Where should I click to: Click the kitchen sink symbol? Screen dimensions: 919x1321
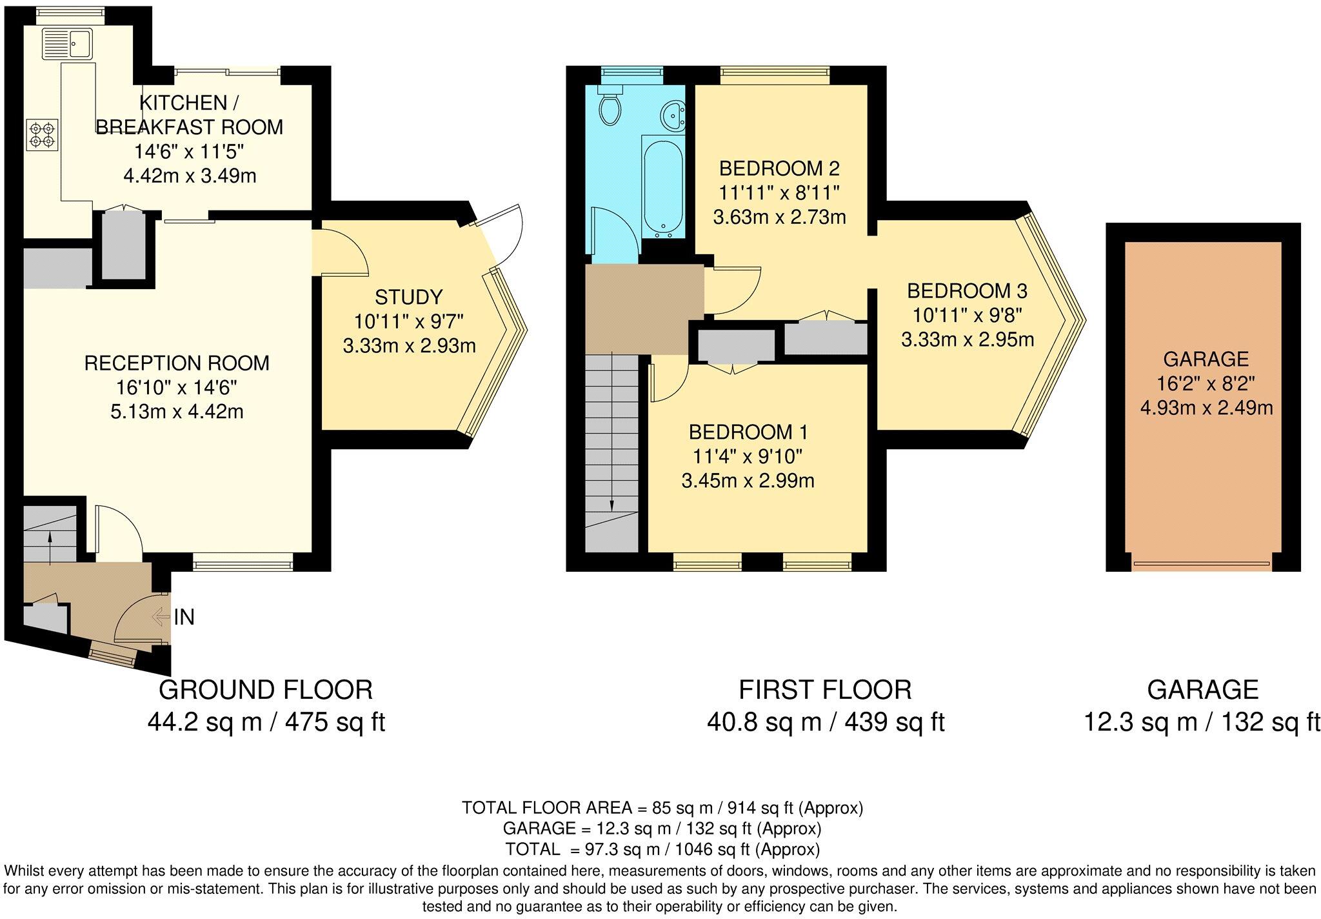point(67,44)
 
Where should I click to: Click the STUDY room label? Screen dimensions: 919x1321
point(409,297)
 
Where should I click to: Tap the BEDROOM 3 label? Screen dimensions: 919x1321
point(967,291)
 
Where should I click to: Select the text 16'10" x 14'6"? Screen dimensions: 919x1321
point(177,387)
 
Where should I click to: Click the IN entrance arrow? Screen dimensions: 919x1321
point(160,618)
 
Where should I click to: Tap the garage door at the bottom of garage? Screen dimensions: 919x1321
point(1202,563)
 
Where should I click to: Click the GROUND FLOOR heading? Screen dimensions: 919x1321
point(266,690)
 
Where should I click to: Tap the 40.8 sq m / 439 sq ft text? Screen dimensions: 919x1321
point(825,722)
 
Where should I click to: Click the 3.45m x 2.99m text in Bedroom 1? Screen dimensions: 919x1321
point(748,481)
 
